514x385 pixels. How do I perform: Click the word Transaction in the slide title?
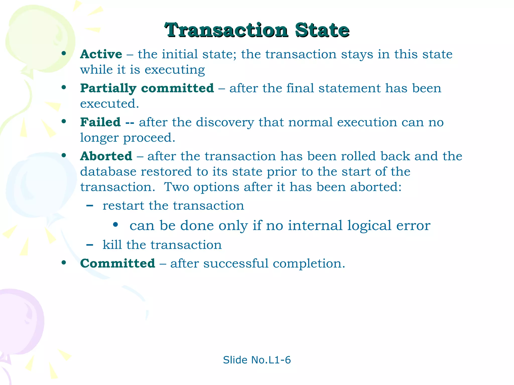click(226, 30)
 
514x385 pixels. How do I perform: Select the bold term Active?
click(101, 54)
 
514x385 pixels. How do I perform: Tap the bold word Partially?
click(108, 88)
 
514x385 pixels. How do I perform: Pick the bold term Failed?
click(100, 122)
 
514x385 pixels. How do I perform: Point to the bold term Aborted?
click(106, 156)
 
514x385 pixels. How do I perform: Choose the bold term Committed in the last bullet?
click(117, 263)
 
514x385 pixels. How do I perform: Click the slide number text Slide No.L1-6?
click(257, 360)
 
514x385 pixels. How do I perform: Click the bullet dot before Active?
click(64, 53)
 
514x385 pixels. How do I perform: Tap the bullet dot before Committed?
click(64, 263)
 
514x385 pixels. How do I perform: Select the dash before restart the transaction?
click(90, 206)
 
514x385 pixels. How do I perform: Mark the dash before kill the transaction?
click(90, 245)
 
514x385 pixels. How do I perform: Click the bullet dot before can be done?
click(115, 225)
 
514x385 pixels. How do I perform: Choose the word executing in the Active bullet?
click(175, 70)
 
